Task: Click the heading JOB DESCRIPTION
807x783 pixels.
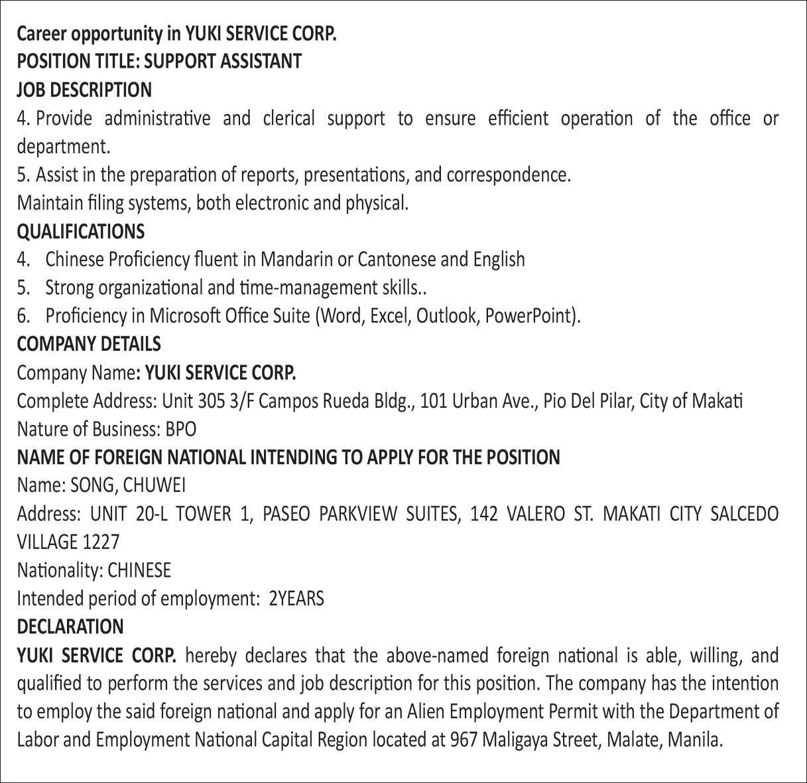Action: coord(84,90)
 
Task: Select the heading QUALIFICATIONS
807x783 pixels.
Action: coord(80,231)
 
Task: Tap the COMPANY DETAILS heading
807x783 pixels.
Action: coord(89,344)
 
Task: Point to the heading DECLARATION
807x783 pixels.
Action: coord(70,627)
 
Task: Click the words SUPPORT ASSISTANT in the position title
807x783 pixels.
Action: coord(223,61)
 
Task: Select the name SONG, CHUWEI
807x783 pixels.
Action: coord(128,485)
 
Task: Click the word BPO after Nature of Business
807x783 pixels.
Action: coord(181,429)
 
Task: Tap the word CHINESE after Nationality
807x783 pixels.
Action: coord(139,570)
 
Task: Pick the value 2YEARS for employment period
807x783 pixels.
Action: coord(296,599)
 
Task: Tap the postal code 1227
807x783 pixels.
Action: coord(101,542)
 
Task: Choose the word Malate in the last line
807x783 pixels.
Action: coord(634,739)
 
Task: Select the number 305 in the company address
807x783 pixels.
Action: coord(212,401)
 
